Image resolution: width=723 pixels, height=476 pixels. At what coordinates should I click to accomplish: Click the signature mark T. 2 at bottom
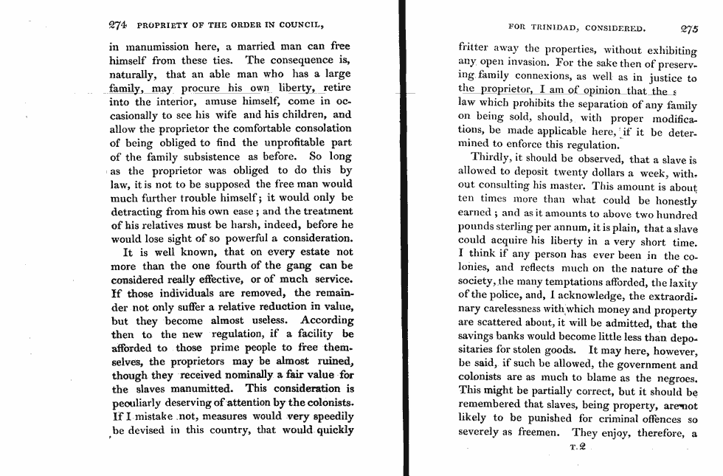578,447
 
